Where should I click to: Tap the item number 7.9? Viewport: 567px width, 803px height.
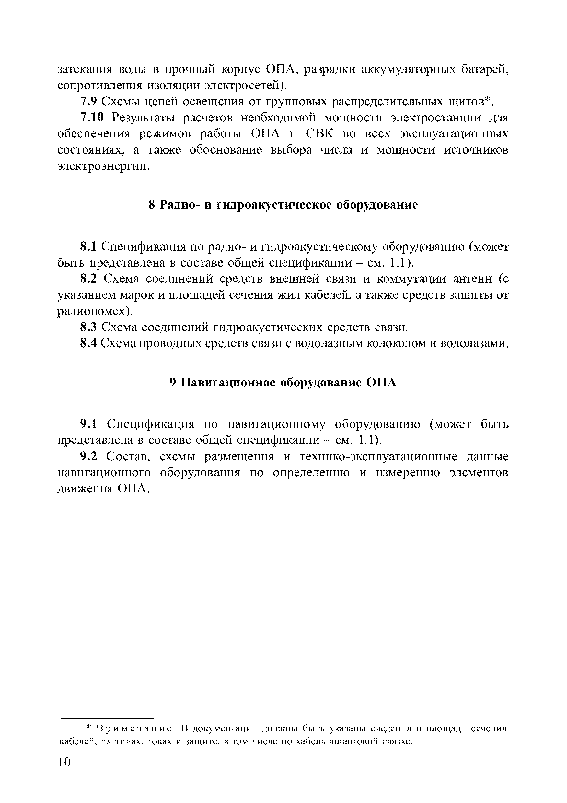tap(88, 102)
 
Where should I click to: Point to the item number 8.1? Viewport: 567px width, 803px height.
tap(88, 247)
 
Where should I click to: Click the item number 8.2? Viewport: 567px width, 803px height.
tap(88, 279)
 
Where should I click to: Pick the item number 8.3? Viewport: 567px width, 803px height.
tap(88, 327)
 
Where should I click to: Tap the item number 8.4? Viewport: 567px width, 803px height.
tap(88, 343)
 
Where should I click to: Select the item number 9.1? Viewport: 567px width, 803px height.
tap(88, 424)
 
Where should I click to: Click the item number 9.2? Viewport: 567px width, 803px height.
tap(88, 456)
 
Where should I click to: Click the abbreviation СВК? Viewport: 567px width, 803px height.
tap(320, 134)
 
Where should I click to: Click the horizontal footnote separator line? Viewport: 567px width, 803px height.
tap(107, 719)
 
